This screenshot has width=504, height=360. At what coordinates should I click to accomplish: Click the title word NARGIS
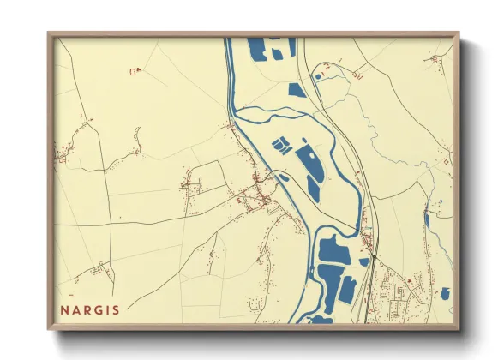coord(90,309)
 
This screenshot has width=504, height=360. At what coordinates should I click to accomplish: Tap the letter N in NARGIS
coord(64,309)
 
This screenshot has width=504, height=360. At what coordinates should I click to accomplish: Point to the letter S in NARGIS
coord(116,309)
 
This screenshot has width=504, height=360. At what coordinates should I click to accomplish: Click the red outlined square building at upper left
coord(133,72)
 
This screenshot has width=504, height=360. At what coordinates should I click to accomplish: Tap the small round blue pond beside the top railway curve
coord(319,77)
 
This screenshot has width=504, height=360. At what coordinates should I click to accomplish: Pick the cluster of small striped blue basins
coord(281,146)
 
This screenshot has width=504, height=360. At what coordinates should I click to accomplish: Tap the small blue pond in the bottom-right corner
coord(444,294)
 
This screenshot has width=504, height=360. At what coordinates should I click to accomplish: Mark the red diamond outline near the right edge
coord(444,160)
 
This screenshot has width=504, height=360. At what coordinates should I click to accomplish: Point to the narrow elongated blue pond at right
coord(427,220)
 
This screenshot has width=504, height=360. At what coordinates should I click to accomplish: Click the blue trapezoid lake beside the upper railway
coord(297,89)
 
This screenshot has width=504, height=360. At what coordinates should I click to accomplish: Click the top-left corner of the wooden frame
coord(48,34)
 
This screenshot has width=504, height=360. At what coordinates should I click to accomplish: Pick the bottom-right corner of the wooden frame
coord(459,330)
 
